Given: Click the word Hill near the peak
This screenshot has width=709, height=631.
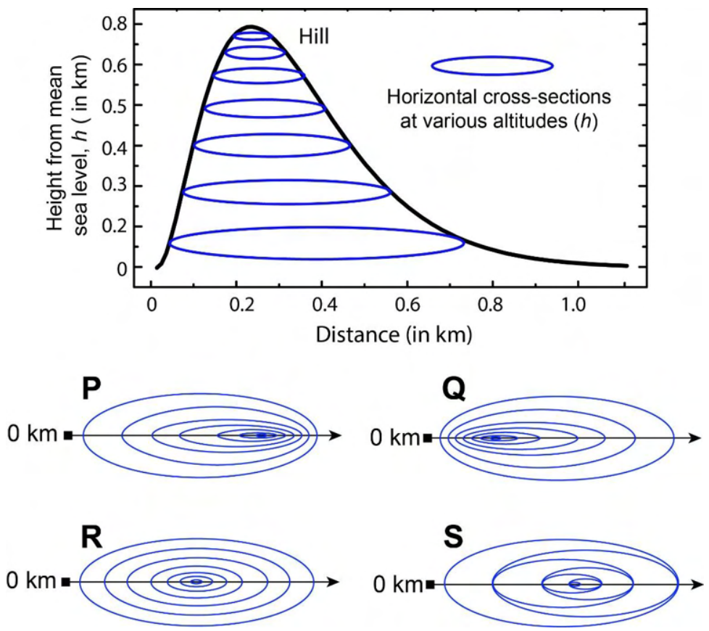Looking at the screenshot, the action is pyautogui.click(x=314, y=36).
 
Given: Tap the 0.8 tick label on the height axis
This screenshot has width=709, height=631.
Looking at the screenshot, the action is pyautogui.click(x=115, y=24).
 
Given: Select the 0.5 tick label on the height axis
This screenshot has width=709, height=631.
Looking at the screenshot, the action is pyautogui.click(x=115, y=105).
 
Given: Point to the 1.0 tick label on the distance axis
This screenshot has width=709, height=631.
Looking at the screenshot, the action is pyautogui.click(x=573, y=305).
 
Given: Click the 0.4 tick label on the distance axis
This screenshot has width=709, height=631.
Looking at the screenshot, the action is pyautogui.click(x=324, y=305).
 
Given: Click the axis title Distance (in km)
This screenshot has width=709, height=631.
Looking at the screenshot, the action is pyautogui.click(x=394, y=335).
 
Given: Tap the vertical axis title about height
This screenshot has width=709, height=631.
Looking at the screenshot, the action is pyautogui.click(x=68, y=148).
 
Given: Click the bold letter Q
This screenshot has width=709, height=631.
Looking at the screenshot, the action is pyautogui.click(x=455, y=390).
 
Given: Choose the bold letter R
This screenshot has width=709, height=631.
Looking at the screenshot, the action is pyautogui.click(x=92, y=537).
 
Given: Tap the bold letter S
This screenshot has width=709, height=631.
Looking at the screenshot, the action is pyautogui.click(x=453, y=537).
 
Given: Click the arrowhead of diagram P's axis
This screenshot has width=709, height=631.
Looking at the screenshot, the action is pyautogui.click(x=335, y=436).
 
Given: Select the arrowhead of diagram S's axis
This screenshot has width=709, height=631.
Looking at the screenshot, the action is pyautogui.click(x=695, y=585).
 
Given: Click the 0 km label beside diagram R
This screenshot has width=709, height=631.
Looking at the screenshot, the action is pyautogui.click(x=31, y=580).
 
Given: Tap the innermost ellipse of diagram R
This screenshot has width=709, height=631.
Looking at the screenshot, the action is pyautogui.click(x=196, y=582).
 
